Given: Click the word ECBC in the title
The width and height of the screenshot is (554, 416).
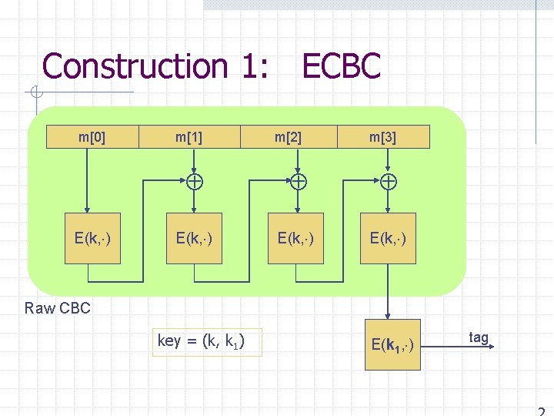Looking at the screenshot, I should coord(341,66).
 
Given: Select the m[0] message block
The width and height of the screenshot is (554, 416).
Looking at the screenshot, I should coord(92,137).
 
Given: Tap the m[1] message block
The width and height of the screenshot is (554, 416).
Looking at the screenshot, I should coord(189,137).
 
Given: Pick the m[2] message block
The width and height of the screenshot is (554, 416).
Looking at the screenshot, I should coord(289,137).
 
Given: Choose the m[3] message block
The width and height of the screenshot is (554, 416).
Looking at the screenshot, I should coord(383,137).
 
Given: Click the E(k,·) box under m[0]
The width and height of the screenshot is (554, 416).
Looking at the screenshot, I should coord(92,238).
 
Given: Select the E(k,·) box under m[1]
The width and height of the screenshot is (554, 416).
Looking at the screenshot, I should coord(194,238).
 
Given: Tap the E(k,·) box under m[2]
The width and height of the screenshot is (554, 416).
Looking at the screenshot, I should coord(295,238).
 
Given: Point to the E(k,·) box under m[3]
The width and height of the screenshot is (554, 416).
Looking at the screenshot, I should coord(388,238).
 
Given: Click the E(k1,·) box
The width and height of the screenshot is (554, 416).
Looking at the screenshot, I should coord(392,344).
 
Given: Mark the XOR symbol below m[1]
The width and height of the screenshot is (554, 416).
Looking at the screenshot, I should coord(195,182).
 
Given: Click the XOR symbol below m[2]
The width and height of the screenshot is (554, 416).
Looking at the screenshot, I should coord(297,182).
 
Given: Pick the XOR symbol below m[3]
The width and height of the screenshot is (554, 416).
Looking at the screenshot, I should coord(389,182).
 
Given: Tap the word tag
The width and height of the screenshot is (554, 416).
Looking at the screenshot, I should coord(478,337).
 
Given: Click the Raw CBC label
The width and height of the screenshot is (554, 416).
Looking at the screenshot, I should coord(58,309).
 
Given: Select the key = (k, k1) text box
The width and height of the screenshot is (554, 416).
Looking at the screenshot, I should coord(207,341).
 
